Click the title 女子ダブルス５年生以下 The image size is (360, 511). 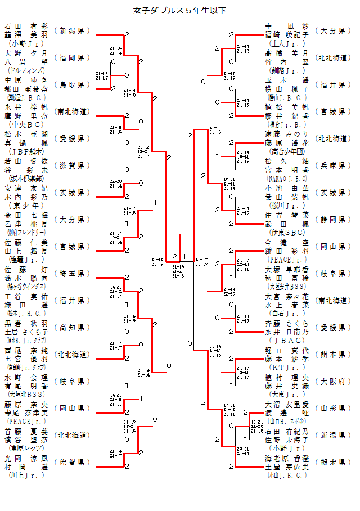pyautogui.click(x=180, y=10)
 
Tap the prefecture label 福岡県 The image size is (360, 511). pyautogui.click(x=72, y=57)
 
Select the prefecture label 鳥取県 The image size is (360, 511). pyautogui.click(x=72, y=84)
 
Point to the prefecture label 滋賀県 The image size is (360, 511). pyautogui.click(x=72, y=165)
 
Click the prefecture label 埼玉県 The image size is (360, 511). pyautogui.click(x=72, y=273)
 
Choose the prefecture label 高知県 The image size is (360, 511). pyautogui.click(x=72, y=327)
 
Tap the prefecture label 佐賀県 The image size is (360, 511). pyautogui.click(x=72, y=462)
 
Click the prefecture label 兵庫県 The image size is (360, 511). pyautogui.click(x=333, y=165)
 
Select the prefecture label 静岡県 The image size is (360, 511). pyautogui.click(x=333, y=219)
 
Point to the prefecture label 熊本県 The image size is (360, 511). pyautogui.click(x=333, y=354)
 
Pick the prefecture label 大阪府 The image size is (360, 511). pyautogui.click(x=333, y=381)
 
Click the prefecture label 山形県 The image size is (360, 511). pyautogui.click(x=333, y=408)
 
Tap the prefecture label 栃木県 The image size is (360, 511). pyautogui.click(x=333, y=462)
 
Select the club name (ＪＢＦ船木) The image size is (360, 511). pyautogui.click(x=25, y=151)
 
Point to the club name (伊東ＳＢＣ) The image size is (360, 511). pyautogui.click(x=287, y=232)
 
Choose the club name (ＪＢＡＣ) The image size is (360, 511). pyautogui.click(x=287, y=340)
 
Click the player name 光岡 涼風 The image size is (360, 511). pyautogui.click(x=26, y=458)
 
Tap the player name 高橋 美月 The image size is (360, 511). pyautogui.click(x=287, y=53)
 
